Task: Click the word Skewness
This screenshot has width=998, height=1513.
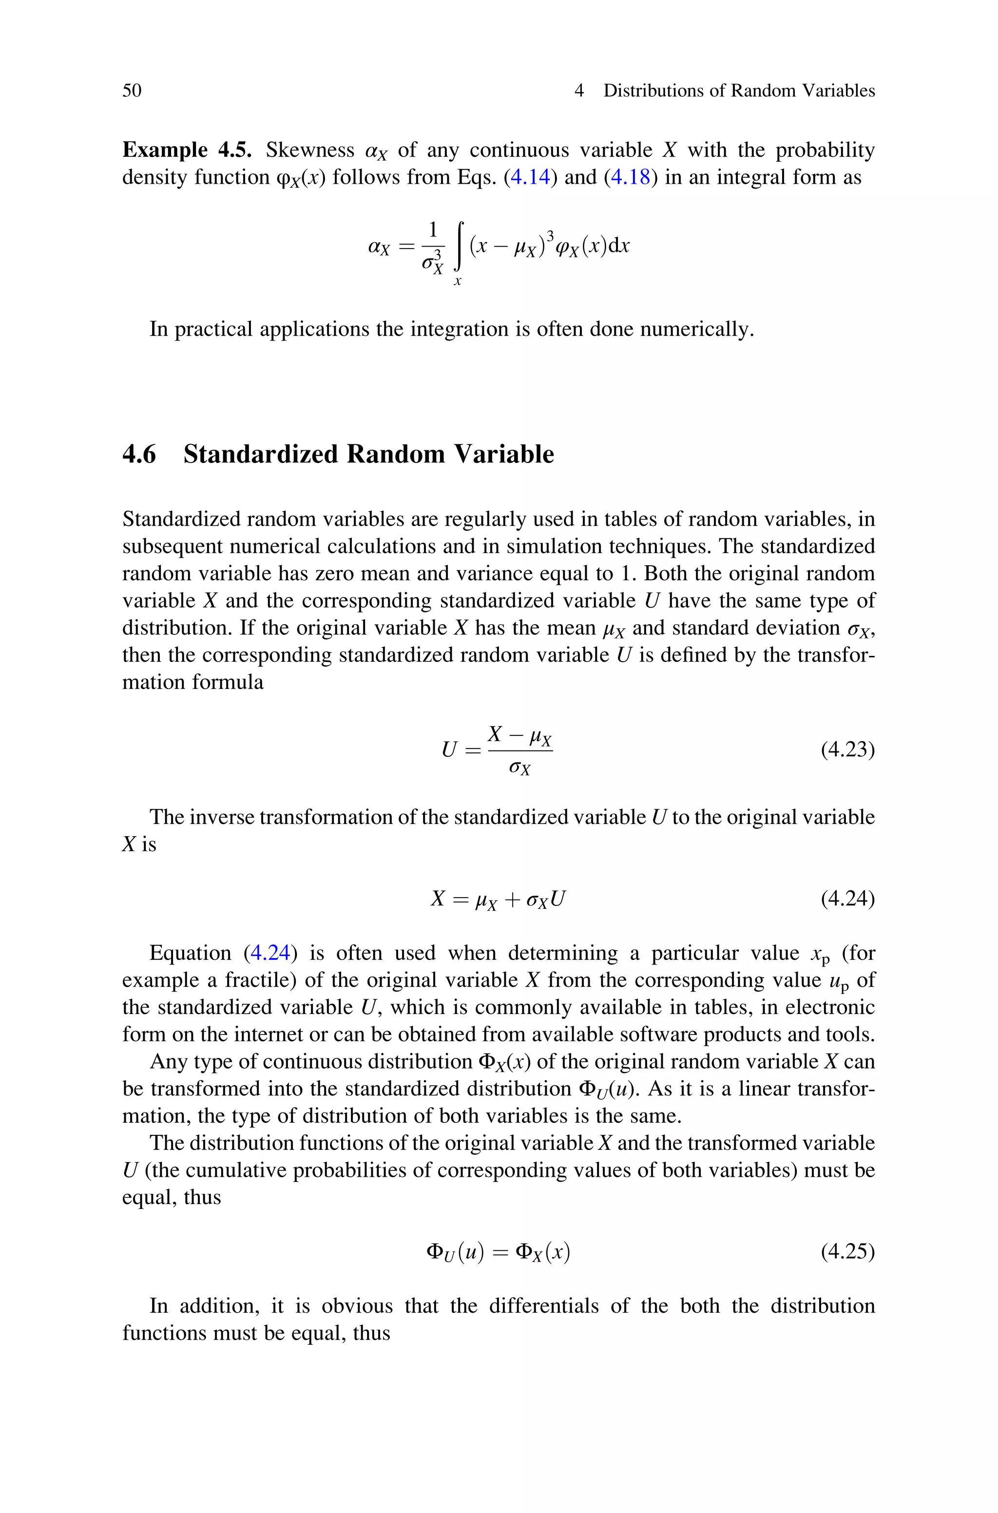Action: point(310,150)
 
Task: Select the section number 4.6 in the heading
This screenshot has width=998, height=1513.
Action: point(139,454)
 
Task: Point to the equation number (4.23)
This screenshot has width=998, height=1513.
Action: point(847,750)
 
